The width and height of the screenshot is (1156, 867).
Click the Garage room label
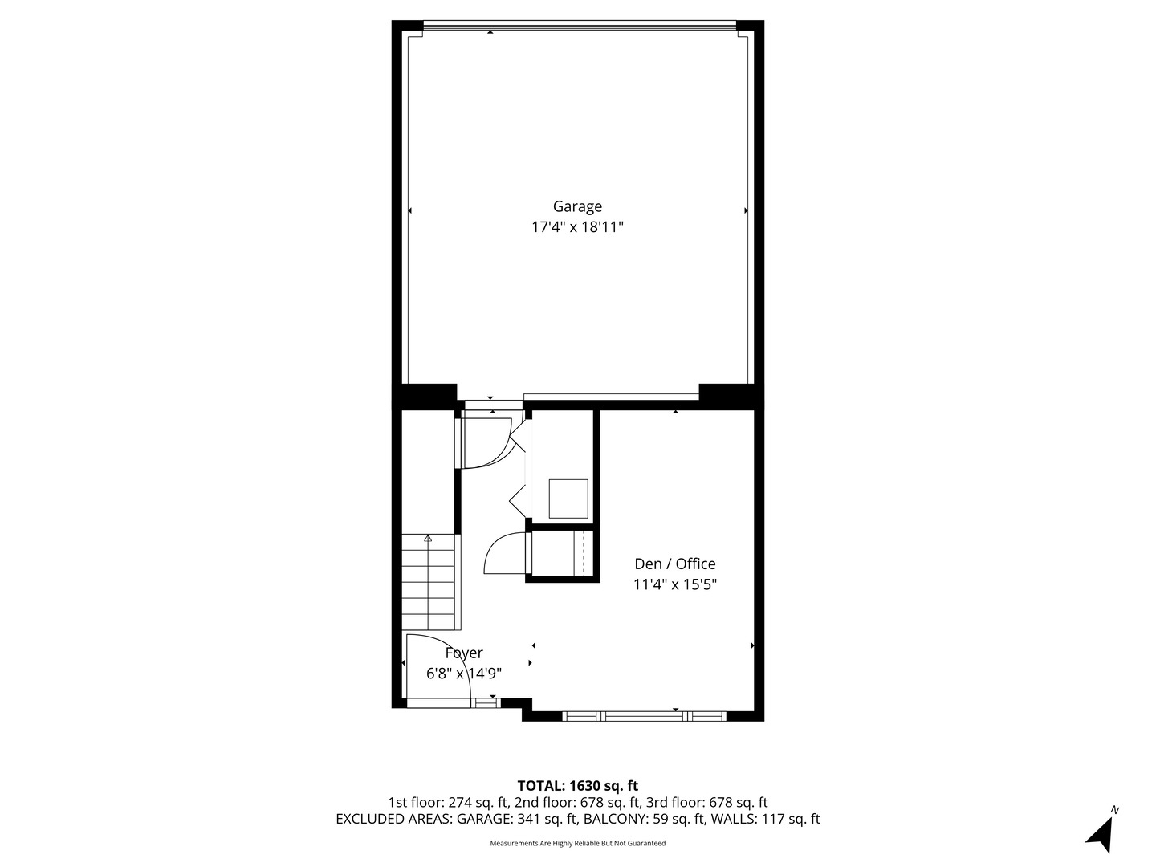[x=576, y=206]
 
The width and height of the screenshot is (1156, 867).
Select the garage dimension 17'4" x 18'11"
[x=576, y=227]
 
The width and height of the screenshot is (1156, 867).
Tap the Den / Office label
[x=674, y=564]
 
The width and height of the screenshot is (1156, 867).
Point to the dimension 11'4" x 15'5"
[x=674, y=584]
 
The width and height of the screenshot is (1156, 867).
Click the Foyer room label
[x=464, y=653]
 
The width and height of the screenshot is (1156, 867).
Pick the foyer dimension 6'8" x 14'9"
[x=464, y=674]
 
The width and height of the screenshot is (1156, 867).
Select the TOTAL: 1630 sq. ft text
[x=577, y=785]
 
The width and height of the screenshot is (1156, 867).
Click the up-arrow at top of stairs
[x=428, y=539]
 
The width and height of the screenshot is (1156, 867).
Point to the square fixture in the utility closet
[x=568, y=499]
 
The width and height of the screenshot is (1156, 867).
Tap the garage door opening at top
[x=578, y=26]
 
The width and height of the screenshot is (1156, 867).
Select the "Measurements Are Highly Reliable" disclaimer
[x=577, y=843]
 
